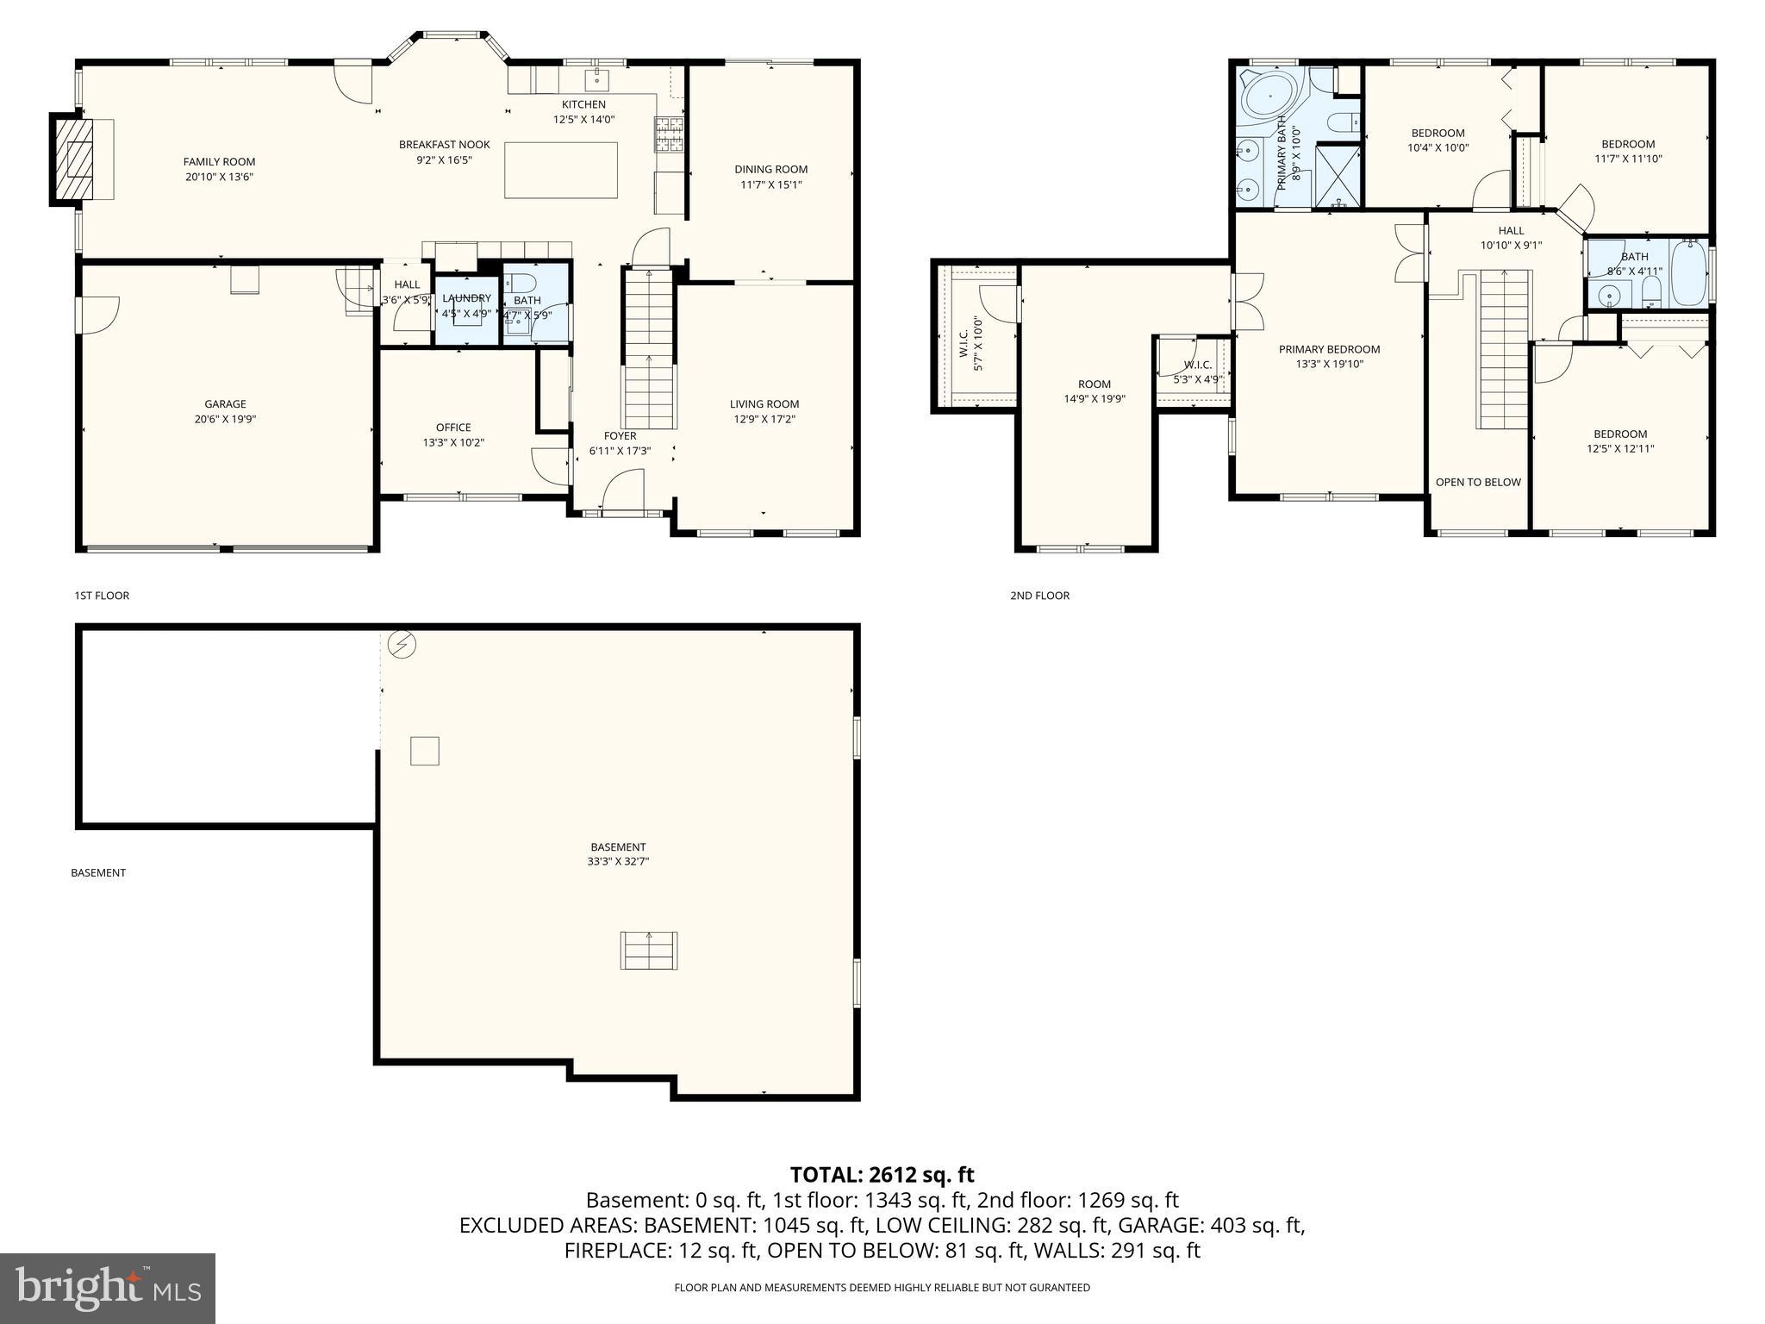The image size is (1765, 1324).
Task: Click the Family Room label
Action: [219, 162]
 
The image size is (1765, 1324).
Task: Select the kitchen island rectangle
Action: [561, 170]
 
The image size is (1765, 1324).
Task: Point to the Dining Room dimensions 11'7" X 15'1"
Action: [771, 184]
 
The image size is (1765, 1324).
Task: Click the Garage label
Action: [225, 404]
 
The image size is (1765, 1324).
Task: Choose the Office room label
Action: [453, 428]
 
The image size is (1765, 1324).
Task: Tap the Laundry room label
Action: [466, 298]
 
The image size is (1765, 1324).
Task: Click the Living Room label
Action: [764, 404]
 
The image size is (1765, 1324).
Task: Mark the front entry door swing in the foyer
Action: [624, 491]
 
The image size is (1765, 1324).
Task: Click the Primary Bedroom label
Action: [1329, 349]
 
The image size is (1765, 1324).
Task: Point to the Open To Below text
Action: [1478, 483]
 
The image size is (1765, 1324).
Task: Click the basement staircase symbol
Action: [649, 950]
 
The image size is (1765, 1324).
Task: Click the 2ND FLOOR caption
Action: [1039, 596]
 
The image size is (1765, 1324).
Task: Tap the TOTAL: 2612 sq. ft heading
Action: [882, 1175]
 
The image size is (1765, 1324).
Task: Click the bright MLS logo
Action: [108, 1289]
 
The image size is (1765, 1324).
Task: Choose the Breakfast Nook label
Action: [444, 145]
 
